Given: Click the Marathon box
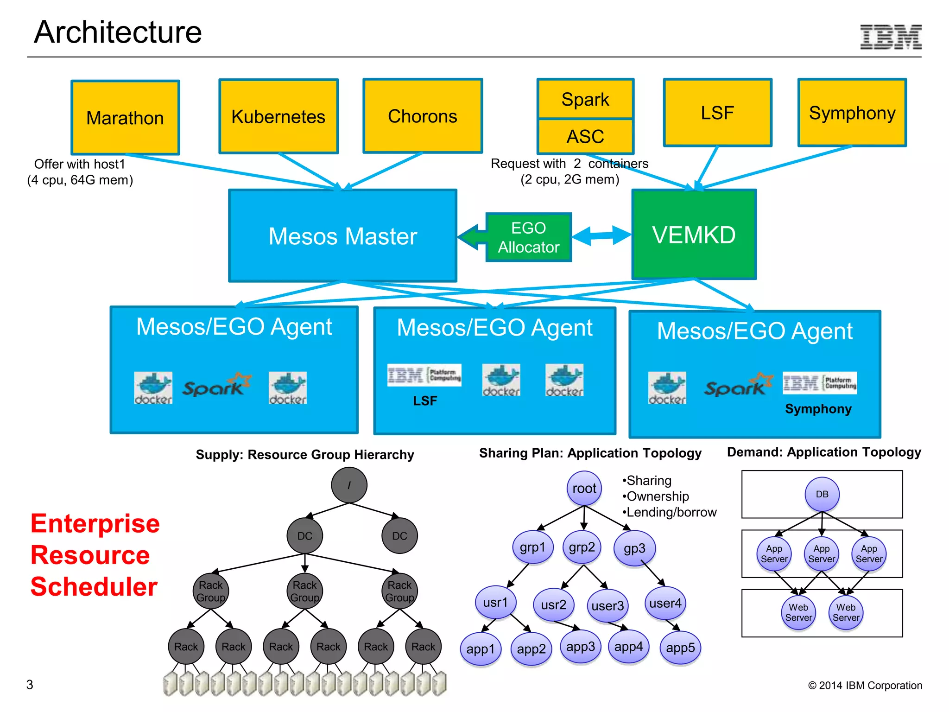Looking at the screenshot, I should tap(125, 118).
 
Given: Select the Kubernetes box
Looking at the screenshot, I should tap(278, 116).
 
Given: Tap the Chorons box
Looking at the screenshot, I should tap(423, 116).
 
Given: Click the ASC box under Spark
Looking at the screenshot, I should tap(585, 137).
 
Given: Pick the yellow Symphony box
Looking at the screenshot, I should tap(852, 113).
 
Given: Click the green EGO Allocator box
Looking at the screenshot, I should tap(528, 237).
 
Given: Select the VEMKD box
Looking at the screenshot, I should tap(694, 235).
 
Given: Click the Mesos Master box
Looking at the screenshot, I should tap(342, 235).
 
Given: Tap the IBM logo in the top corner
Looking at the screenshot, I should tap(891, 37).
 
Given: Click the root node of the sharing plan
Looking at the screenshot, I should tap(584, 489).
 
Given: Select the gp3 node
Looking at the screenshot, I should tap(634, 548).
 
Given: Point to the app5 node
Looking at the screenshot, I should tap(680, 648).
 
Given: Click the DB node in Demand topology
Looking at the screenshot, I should tap(822, 494).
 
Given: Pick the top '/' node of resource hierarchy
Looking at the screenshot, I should tap(349, 485).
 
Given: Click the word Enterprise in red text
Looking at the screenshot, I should tap(95, 524).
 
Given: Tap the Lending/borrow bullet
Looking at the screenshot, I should tap(670, 512).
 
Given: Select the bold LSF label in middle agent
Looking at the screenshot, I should tap(425, 401).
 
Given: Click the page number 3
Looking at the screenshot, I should tap(30, 685).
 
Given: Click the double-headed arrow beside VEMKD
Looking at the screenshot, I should tap(601, 235).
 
